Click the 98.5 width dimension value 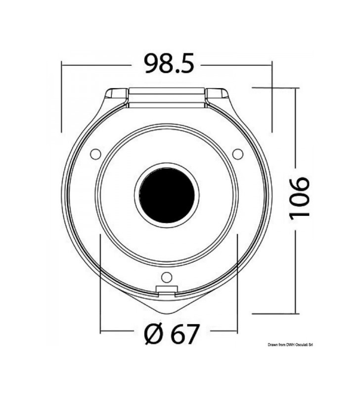[x=169, y=63]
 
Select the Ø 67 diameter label [x=172, y=334]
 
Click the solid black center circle [x=167, y=195]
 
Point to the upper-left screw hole [x=95, y=154]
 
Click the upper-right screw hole [x=238, y=154]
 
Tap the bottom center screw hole [x=167, y=277]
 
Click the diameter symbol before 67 [x=153, y=334]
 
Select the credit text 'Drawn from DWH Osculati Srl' [x=290, y=345]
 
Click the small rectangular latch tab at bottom [x=167, y=291]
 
